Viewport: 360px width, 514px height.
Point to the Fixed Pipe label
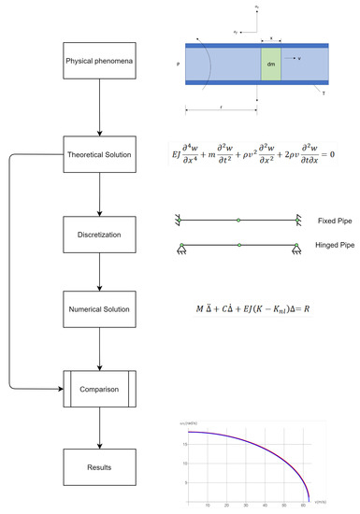(x=333, y=221)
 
